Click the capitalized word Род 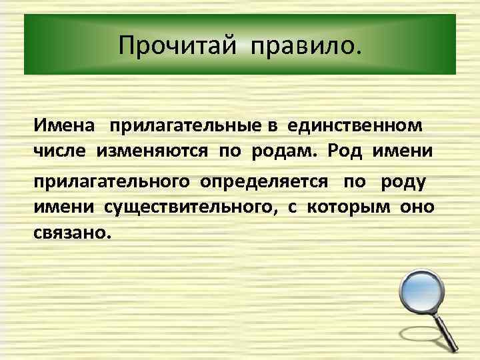345,153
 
